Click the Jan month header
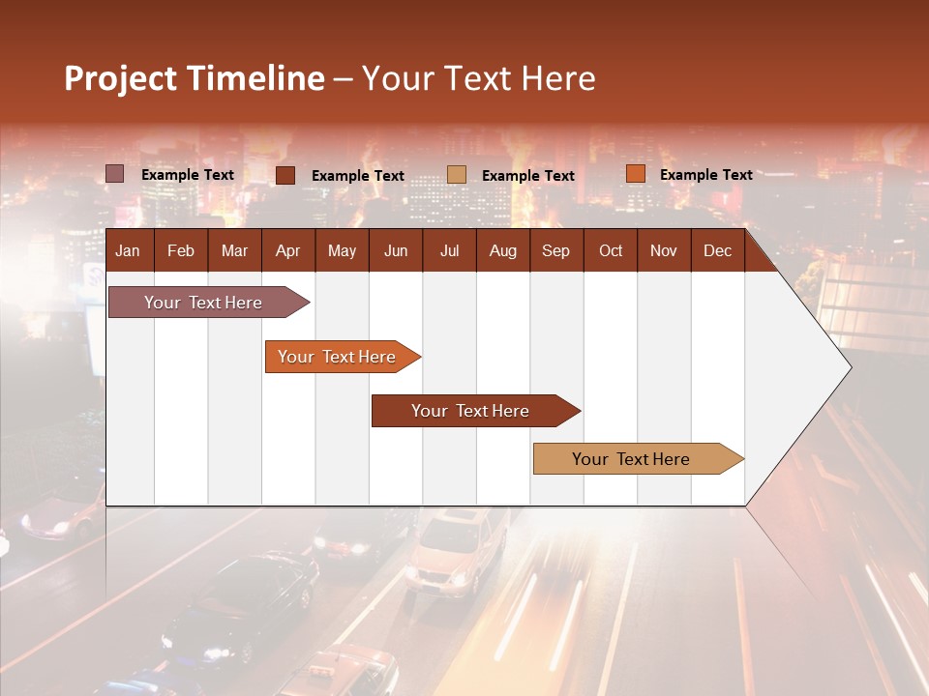128,250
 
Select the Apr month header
287,250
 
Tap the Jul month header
449,250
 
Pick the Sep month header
555,250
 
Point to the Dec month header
717,250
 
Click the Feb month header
181,250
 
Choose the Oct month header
611,250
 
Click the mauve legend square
115,174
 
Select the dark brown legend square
285,175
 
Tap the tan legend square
457,175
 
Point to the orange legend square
635,174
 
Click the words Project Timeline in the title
195,78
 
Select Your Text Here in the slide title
479,78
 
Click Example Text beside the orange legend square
705,175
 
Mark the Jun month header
396,250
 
